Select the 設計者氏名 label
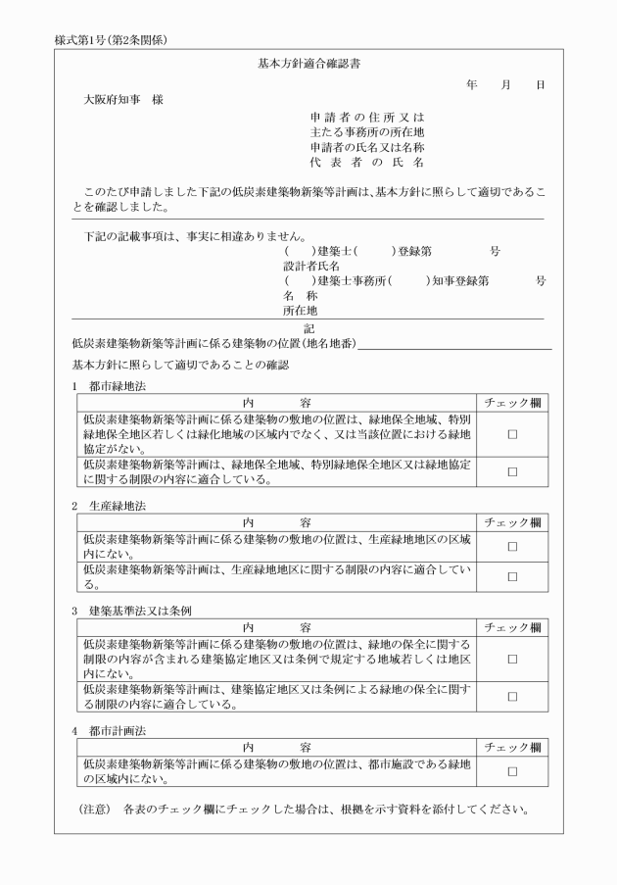311,265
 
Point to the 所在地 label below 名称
301,310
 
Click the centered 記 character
309,328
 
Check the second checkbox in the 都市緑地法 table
512,472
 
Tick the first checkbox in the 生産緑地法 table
512,547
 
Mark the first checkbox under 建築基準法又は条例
512,660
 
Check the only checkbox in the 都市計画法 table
512,772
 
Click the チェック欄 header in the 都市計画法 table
512,747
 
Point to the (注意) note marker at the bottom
97,810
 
